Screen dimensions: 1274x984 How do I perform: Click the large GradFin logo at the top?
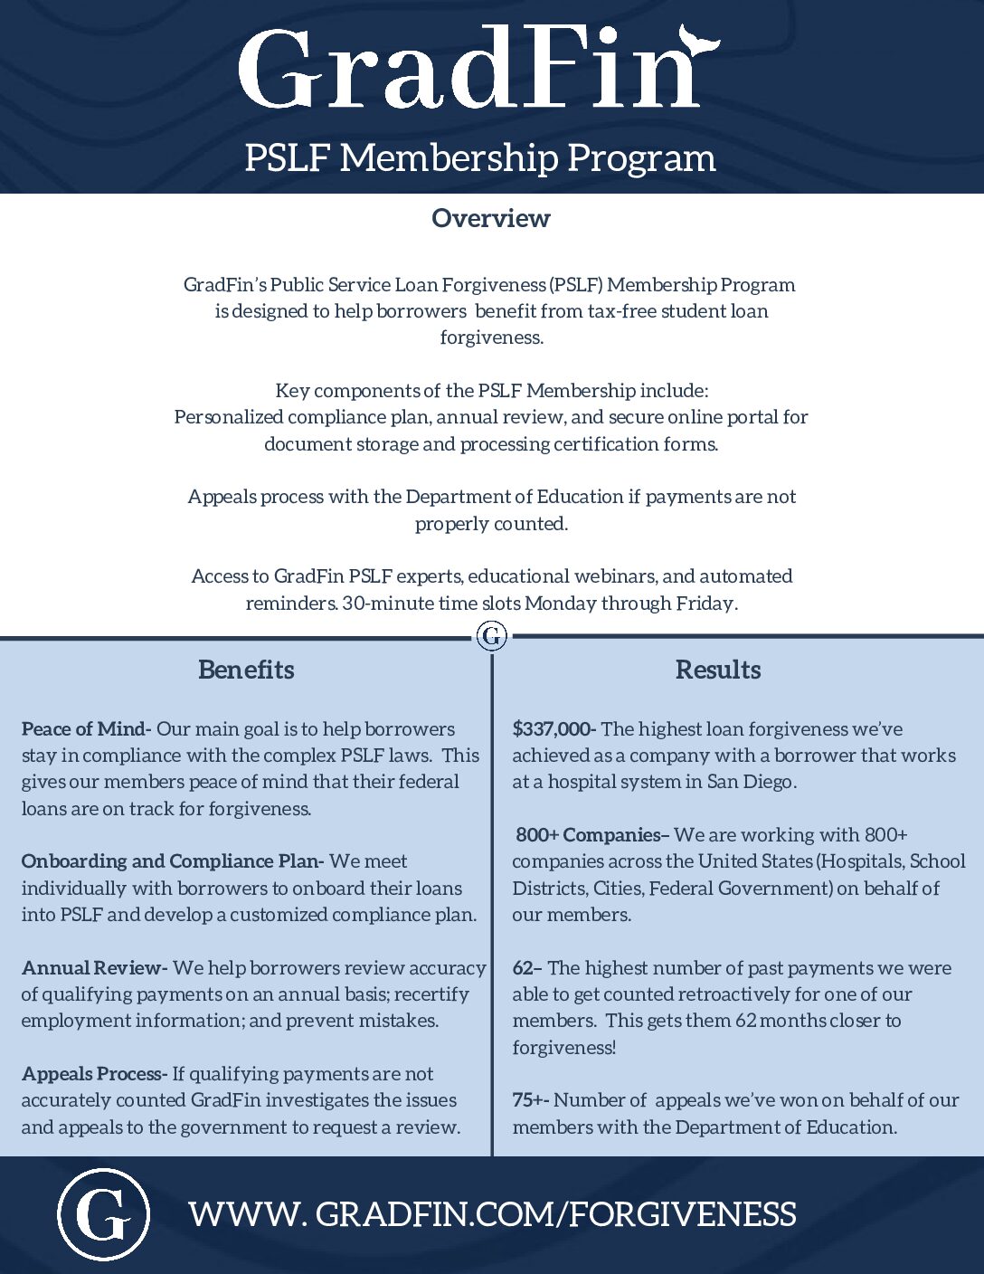tap(470, 71)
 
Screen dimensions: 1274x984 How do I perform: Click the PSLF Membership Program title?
tap(480, 157)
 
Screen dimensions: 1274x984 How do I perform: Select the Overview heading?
tap(490, 218)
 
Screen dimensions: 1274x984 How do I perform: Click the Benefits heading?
tap(246, 670)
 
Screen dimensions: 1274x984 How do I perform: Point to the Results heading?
tap(718, 670)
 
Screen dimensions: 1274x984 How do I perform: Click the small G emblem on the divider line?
tap(492, 636)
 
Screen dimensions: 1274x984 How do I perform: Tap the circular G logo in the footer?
tap(103, 1214)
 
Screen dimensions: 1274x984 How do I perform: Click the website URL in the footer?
tap(493, 1214)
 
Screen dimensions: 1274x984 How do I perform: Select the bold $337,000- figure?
tap(553, 729)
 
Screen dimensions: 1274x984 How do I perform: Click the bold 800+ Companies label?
tap(592, 835)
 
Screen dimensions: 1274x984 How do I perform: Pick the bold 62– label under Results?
tap(526, 968)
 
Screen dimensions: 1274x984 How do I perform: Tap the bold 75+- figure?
tap(531, 1100)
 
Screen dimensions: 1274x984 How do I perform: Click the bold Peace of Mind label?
tap(87, 729)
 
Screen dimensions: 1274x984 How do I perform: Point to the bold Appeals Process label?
tap(94, 1074)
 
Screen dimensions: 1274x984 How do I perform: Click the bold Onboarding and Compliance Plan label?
tap(172, 861)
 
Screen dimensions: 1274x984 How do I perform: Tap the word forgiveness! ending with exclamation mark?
tap(564, 1048)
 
